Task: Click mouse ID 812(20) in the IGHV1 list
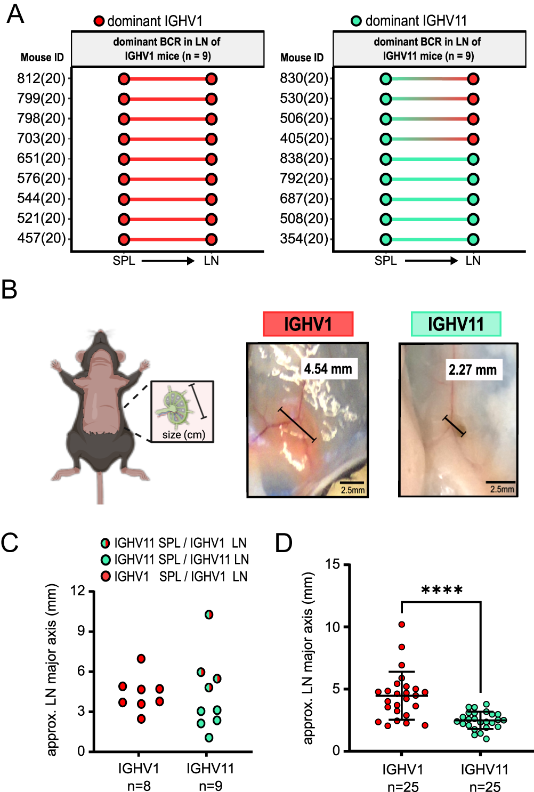41,79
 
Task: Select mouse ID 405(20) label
304,139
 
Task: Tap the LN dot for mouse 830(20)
473,79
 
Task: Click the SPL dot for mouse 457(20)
124,239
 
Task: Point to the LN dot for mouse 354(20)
473,239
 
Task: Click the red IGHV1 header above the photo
308,324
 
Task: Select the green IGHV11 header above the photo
456,324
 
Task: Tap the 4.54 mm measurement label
328,369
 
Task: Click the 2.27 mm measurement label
472,370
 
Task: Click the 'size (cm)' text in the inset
183,435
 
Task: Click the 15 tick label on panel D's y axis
333,564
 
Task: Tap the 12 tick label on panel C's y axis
78,591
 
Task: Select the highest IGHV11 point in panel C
209,615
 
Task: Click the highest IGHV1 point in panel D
402,624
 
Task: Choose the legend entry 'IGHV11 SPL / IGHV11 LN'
181,560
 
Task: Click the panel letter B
10,290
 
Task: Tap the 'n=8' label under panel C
139,786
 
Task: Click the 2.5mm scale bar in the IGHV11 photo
501,482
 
